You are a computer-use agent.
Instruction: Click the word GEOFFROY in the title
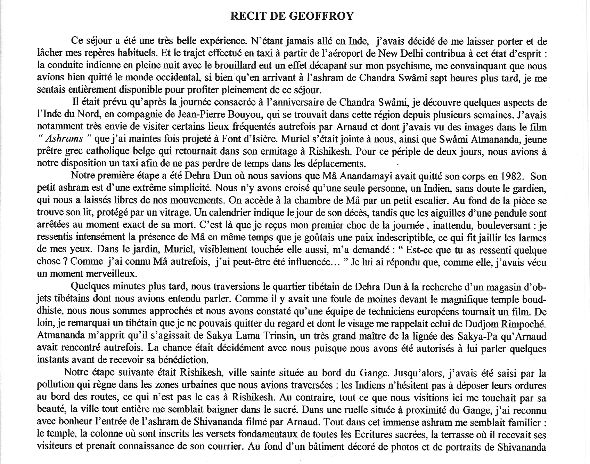pyautogui.click(x=326, y=17)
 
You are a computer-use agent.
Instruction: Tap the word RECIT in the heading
pyautogui.click(x=248, y=17)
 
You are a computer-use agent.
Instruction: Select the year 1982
pyautogui.click(x=510, y=176)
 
